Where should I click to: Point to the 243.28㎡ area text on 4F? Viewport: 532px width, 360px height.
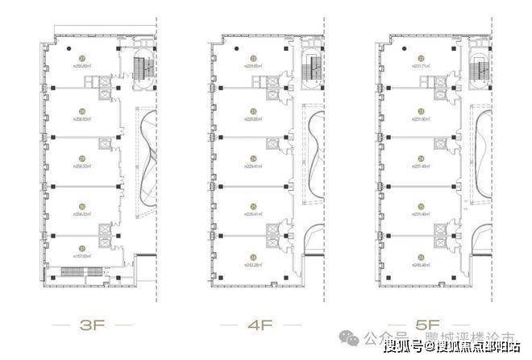pos(253,263)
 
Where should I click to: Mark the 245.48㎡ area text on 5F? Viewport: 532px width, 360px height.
pos(421,263)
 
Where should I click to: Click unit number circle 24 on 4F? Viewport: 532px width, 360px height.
pos(253,159)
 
